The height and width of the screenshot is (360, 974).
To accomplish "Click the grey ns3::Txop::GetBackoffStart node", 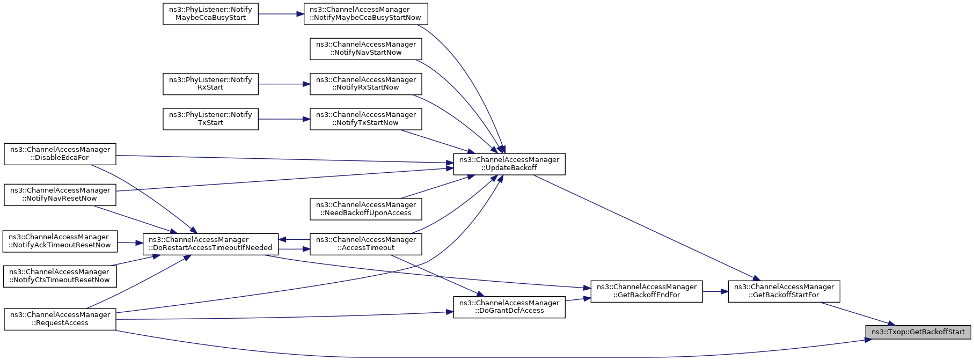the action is [918, 332].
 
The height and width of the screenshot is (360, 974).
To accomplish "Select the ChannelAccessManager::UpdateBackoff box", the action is [509, 164].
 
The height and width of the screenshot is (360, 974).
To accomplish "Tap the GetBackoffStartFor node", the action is [783, 291].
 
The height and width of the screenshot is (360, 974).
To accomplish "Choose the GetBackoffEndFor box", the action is [647, 291].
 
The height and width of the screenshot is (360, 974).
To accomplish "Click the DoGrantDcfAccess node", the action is [509, 307].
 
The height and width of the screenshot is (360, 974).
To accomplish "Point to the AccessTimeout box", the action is [366, 244].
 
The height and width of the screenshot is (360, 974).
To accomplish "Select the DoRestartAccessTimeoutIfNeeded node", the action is [210, 244].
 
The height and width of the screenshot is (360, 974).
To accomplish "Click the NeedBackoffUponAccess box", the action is [366, 209].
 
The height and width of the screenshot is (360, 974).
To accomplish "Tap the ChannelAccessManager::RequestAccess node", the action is [60, 319].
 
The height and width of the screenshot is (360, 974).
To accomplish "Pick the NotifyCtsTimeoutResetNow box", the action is [60, 276].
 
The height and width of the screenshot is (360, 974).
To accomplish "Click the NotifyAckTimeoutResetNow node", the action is [60, 241].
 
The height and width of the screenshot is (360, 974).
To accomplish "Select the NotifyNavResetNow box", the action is [60, 195].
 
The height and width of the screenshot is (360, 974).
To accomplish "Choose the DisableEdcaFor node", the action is [60, 153].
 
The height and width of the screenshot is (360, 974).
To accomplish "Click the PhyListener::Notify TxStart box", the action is [210, 119].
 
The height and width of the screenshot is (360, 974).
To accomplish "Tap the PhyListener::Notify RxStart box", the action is [210, 84].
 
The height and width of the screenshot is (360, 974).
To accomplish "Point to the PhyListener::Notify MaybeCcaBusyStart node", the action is [210, 13].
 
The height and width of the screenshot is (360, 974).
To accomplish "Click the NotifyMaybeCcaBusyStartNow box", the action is [366, 13].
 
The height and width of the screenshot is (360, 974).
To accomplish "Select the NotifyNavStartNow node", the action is [366, 49].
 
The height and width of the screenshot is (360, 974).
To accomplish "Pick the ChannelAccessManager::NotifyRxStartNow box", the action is [366, 84].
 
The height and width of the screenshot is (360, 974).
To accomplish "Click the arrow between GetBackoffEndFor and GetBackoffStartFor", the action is [715, 291].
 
